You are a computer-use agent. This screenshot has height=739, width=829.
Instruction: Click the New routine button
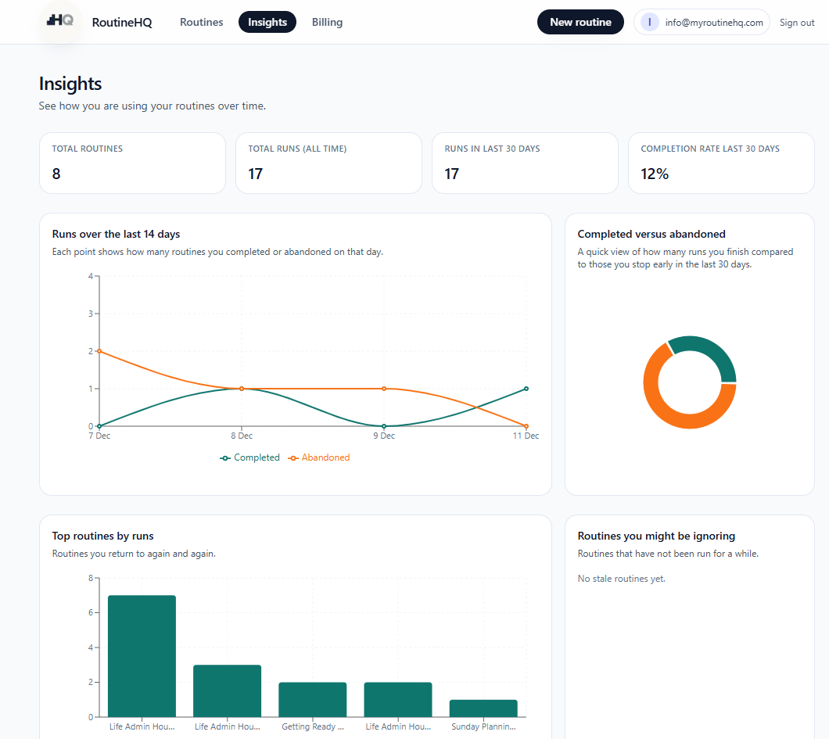pos(580,22)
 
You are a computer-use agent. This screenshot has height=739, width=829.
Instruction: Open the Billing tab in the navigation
pos(327,22)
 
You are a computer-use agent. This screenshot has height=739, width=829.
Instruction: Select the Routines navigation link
pos(201,22)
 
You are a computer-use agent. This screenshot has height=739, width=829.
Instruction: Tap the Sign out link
pos(797,23)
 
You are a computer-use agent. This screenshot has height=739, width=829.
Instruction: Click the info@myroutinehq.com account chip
pos(702,23)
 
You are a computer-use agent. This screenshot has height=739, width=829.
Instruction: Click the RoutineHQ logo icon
pos(60,21)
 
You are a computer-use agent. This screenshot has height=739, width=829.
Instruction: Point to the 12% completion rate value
pos(655,174)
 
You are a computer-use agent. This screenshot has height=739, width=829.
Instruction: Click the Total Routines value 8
pos(56,174)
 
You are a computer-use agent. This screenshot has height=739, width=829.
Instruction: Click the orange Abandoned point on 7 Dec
pos(99,351)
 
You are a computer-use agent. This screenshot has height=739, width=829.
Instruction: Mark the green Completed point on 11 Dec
pos(526,389)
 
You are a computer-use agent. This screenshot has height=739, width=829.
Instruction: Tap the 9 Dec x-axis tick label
pos(383,436)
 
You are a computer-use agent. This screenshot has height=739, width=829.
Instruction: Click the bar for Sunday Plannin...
pos(483,708)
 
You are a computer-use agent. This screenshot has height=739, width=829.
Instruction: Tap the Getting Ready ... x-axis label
pos(313,726)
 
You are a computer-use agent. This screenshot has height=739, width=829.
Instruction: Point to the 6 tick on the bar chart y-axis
pos(91,613)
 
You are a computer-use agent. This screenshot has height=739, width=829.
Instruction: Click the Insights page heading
pos(70,84)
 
